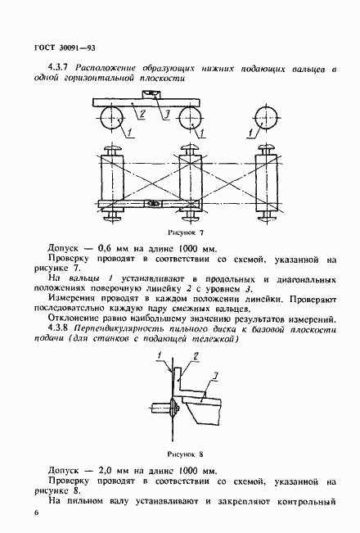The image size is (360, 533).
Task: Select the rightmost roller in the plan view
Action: [x=266, y=180]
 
